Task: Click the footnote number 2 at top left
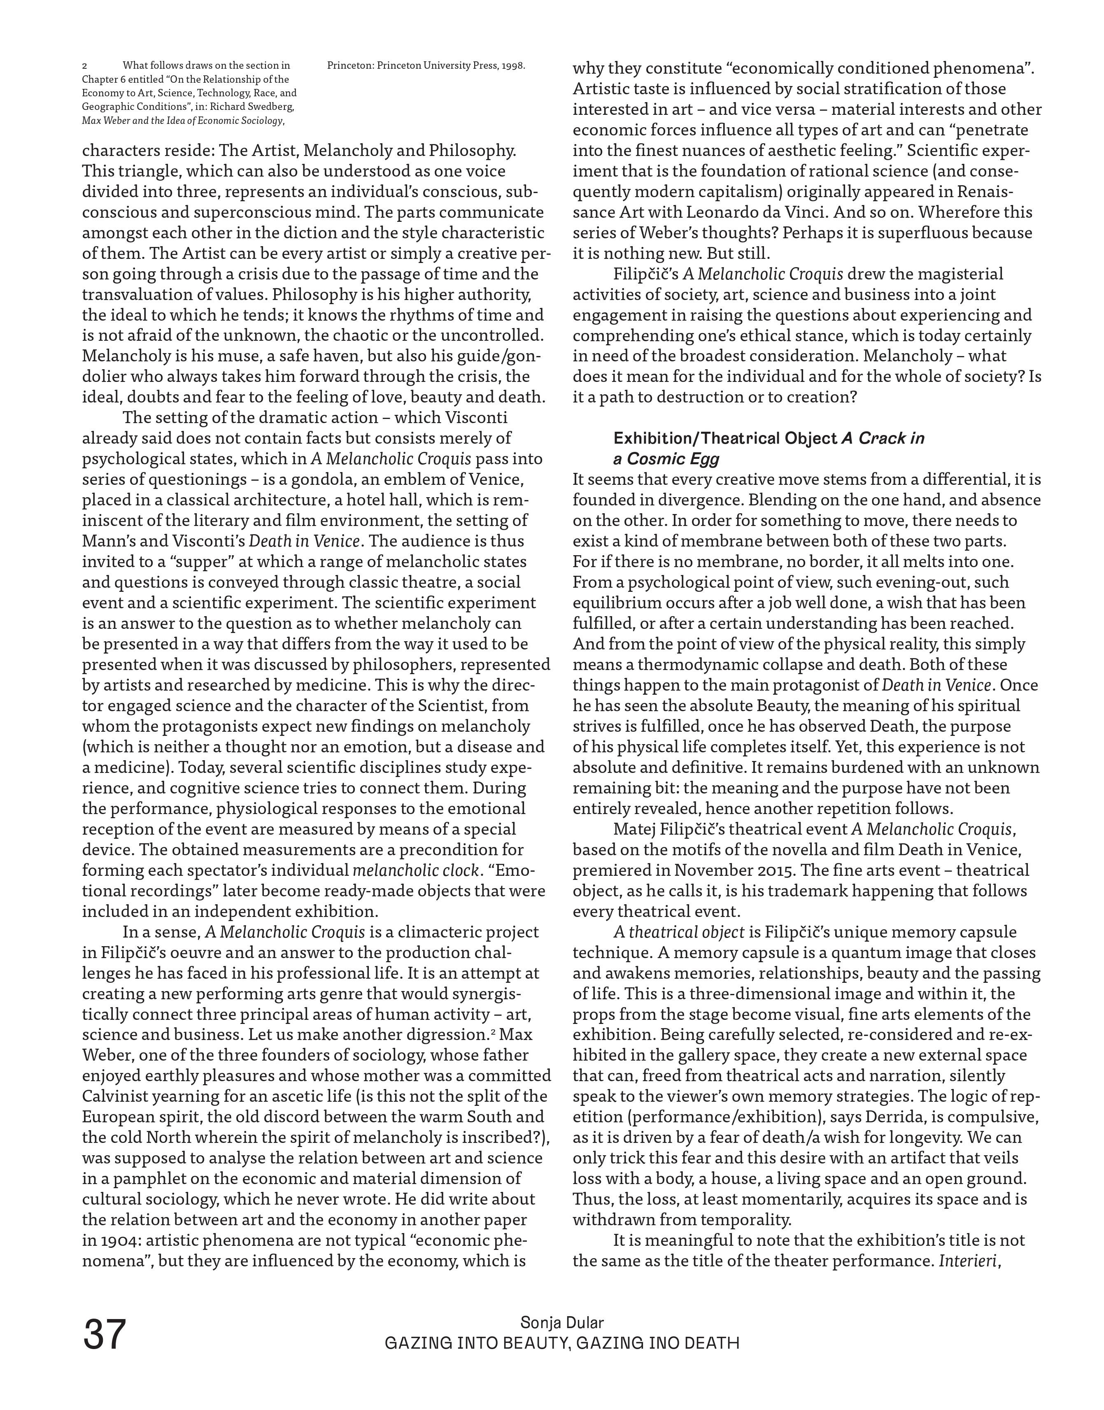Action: [85, 66]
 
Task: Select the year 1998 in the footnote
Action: [512, 65]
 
